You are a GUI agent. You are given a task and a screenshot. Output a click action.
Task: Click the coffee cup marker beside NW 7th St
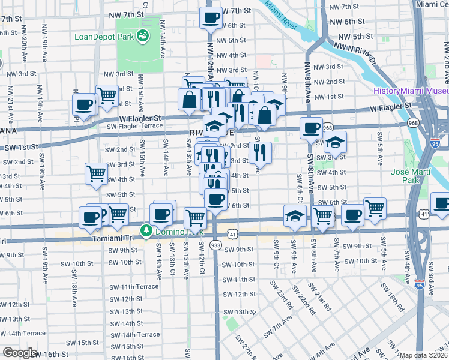tap(211, 17)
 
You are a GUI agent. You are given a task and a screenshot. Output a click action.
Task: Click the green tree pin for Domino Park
tap(145, 231)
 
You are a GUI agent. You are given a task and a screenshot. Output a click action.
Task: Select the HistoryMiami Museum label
tap(411, 91)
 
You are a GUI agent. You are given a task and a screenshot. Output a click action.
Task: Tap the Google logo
tap(20, 353)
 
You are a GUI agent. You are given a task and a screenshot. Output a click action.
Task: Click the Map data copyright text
tap(424, 355)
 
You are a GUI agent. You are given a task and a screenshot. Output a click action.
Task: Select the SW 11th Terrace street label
tap(140, 287)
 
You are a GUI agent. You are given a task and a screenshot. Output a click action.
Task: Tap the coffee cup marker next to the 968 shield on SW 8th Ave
tap(312, 128)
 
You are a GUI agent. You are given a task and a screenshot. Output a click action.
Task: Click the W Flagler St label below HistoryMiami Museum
tap(393, 106)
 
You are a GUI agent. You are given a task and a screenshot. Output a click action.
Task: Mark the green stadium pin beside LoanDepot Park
tap(143, 37)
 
